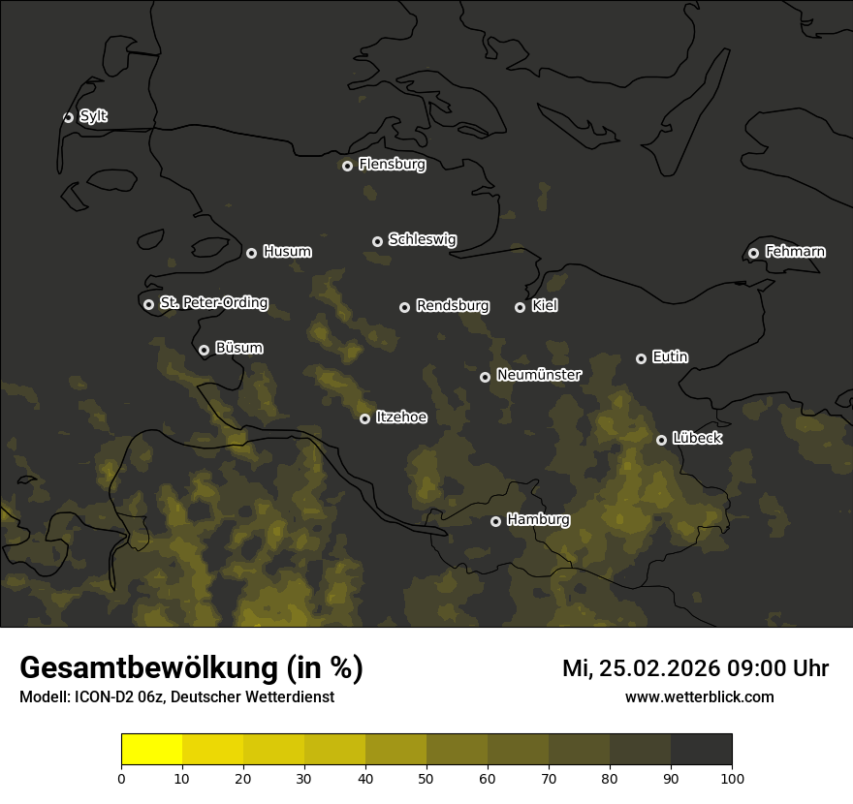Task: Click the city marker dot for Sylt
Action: click(68, 117)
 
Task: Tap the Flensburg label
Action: click(392, 165)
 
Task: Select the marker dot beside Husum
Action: click(251, 253)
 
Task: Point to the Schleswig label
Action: click(422, 239)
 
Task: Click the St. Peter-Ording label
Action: click(213, 303)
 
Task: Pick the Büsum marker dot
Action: click(204, 351)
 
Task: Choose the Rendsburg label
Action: click(452, 306)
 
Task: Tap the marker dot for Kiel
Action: click(520, 307)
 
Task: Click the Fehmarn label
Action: click(795, 252)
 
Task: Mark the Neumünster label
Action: click(538, 375)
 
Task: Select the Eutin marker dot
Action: click(641, 358)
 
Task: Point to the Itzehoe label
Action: click(400, 417)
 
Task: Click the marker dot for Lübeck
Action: click(661, 440)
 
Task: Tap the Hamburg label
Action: click(538, 520)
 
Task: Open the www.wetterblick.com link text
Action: click(699, 696)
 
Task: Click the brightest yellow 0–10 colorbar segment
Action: click(152, 750)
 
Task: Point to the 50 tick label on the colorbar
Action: click(426, 778)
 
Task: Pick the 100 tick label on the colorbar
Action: click(732, 778)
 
